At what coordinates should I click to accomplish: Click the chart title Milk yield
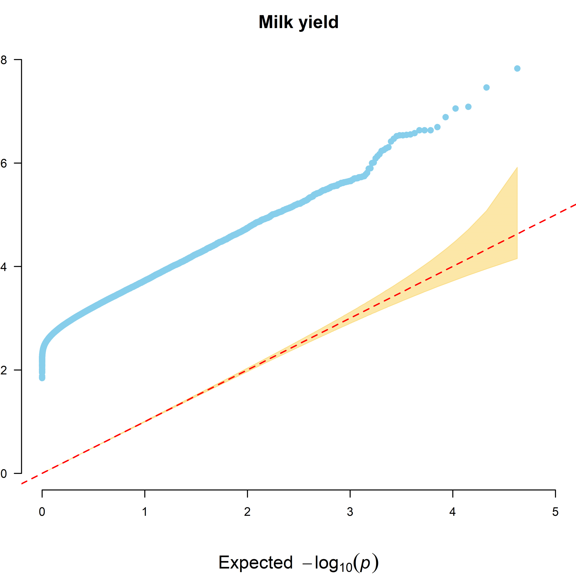coord(298,22)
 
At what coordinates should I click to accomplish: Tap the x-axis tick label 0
coord(42,512)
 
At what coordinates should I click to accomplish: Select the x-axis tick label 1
coord(145,512)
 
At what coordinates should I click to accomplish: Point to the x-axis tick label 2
coord(247,512)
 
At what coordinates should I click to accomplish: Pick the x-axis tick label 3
coord(350,512)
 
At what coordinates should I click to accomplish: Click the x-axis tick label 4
coord(453,512)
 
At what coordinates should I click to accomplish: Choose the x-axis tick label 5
coord(555,512)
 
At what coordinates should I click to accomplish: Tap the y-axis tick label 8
coord(4,60)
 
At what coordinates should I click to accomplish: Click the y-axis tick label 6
coord(4,163)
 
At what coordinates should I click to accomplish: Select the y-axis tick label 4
coord(4,267)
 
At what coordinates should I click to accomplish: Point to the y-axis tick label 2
coord(4,370)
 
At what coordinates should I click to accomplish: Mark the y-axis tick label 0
coord(4,473)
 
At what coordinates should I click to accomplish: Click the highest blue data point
coord(517,69)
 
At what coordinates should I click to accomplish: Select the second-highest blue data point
coord(486,87)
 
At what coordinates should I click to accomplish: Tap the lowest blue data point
coord(42,378)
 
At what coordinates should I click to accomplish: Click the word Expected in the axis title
coord(255,563)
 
